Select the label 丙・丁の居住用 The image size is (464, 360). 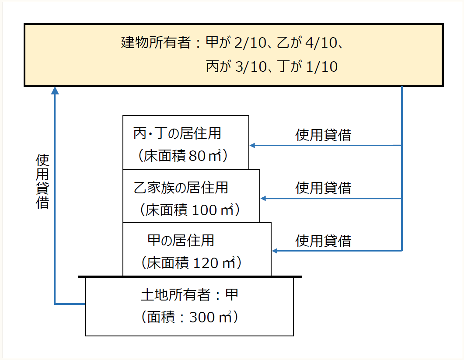(x=177, y=133)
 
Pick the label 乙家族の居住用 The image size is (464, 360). (x=181, y=188)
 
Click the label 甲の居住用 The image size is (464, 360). (x=181, y=241)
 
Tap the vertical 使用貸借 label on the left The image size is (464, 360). (x=42, y=181)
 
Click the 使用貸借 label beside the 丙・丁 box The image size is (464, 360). (x=323, y=135)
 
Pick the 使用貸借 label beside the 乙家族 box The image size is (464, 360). (x=323, y=188)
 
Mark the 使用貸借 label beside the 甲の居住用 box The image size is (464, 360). (x=323, y=241)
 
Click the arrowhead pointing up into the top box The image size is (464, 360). (x=55, y=90)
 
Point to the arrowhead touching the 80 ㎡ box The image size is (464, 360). (x=253, y=145)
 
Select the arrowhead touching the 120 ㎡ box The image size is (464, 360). (x=275, y=251)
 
